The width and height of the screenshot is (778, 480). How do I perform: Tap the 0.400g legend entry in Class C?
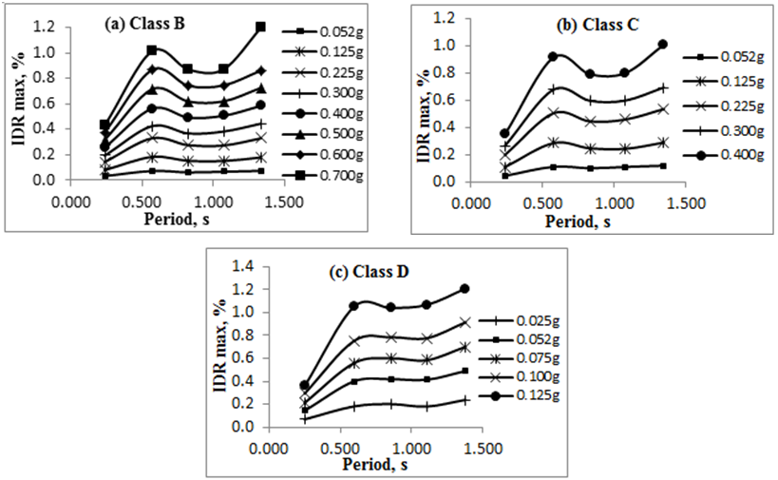pos(717,155)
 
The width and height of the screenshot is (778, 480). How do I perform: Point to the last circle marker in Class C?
pos(663,45)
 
